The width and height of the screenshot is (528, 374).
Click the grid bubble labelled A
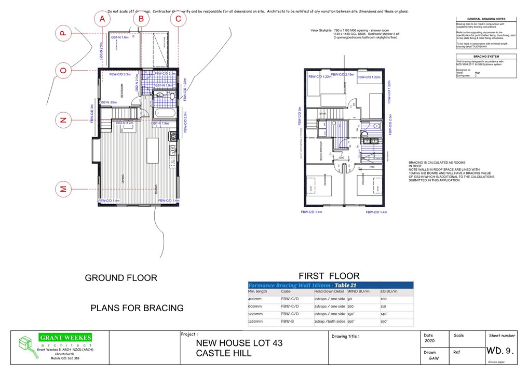(x=103, y=19)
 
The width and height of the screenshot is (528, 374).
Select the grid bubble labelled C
(x=178, y=19)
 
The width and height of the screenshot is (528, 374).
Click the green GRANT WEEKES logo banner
(x=65, y=338)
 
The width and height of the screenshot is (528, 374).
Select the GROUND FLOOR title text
(x=121, y=278)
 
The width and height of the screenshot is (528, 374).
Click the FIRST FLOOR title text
(x=329, y=275)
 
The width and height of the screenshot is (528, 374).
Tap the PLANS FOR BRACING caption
(x=137, y=308)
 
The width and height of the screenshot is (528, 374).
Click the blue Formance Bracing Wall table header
(x=330, y=285)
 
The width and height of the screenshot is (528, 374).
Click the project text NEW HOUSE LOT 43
(x=239, y=343)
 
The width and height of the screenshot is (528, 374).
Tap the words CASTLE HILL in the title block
(x=224, y=354)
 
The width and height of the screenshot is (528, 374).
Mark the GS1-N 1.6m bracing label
(x=120, y=37)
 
